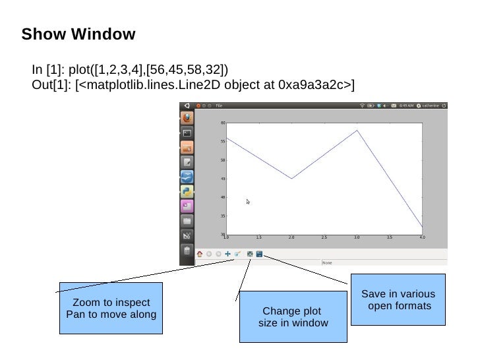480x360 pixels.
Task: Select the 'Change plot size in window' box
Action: (293, 317)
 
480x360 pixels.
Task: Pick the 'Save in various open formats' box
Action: (398, 300)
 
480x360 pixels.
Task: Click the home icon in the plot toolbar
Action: (200, 253)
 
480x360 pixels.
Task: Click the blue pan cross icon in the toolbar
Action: (227, 253)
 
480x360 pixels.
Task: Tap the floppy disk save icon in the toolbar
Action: (259, 253)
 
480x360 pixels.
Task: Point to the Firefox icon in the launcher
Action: (187, 118)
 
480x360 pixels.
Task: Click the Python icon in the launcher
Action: (187, 191)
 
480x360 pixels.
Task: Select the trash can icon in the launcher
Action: (187, 251)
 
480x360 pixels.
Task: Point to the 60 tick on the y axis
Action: (223, 123)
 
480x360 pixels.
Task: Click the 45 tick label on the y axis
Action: (223, 179)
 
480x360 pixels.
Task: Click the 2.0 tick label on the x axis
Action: (291, 237)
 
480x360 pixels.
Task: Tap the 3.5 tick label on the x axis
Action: (390, 237)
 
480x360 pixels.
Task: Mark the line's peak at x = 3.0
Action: (357, 130)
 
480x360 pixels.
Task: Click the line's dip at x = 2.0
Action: (291, 178)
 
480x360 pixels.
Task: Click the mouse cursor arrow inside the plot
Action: (248, 202)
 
